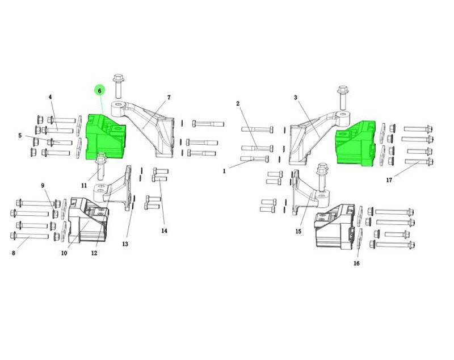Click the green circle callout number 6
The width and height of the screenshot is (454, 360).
click(x=100, y=91)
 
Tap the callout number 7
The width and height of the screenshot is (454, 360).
click(x=169, y=98)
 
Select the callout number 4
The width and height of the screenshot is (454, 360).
click(x=51, y=97)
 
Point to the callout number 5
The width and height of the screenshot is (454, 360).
click(x=20, y=136)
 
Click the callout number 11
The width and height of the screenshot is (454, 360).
click(x=84, y=185)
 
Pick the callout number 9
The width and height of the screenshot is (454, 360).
click(x=43, y=185)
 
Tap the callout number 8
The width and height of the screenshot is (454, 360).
click(x=13, y=253)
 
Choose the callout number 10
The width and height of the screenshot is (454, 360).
click(x=64, y=253)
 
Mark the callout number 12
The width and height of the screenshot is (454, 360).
click(x=94, y=253)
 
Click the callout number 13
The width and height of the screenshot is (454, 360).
click(x=125, y=244)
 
